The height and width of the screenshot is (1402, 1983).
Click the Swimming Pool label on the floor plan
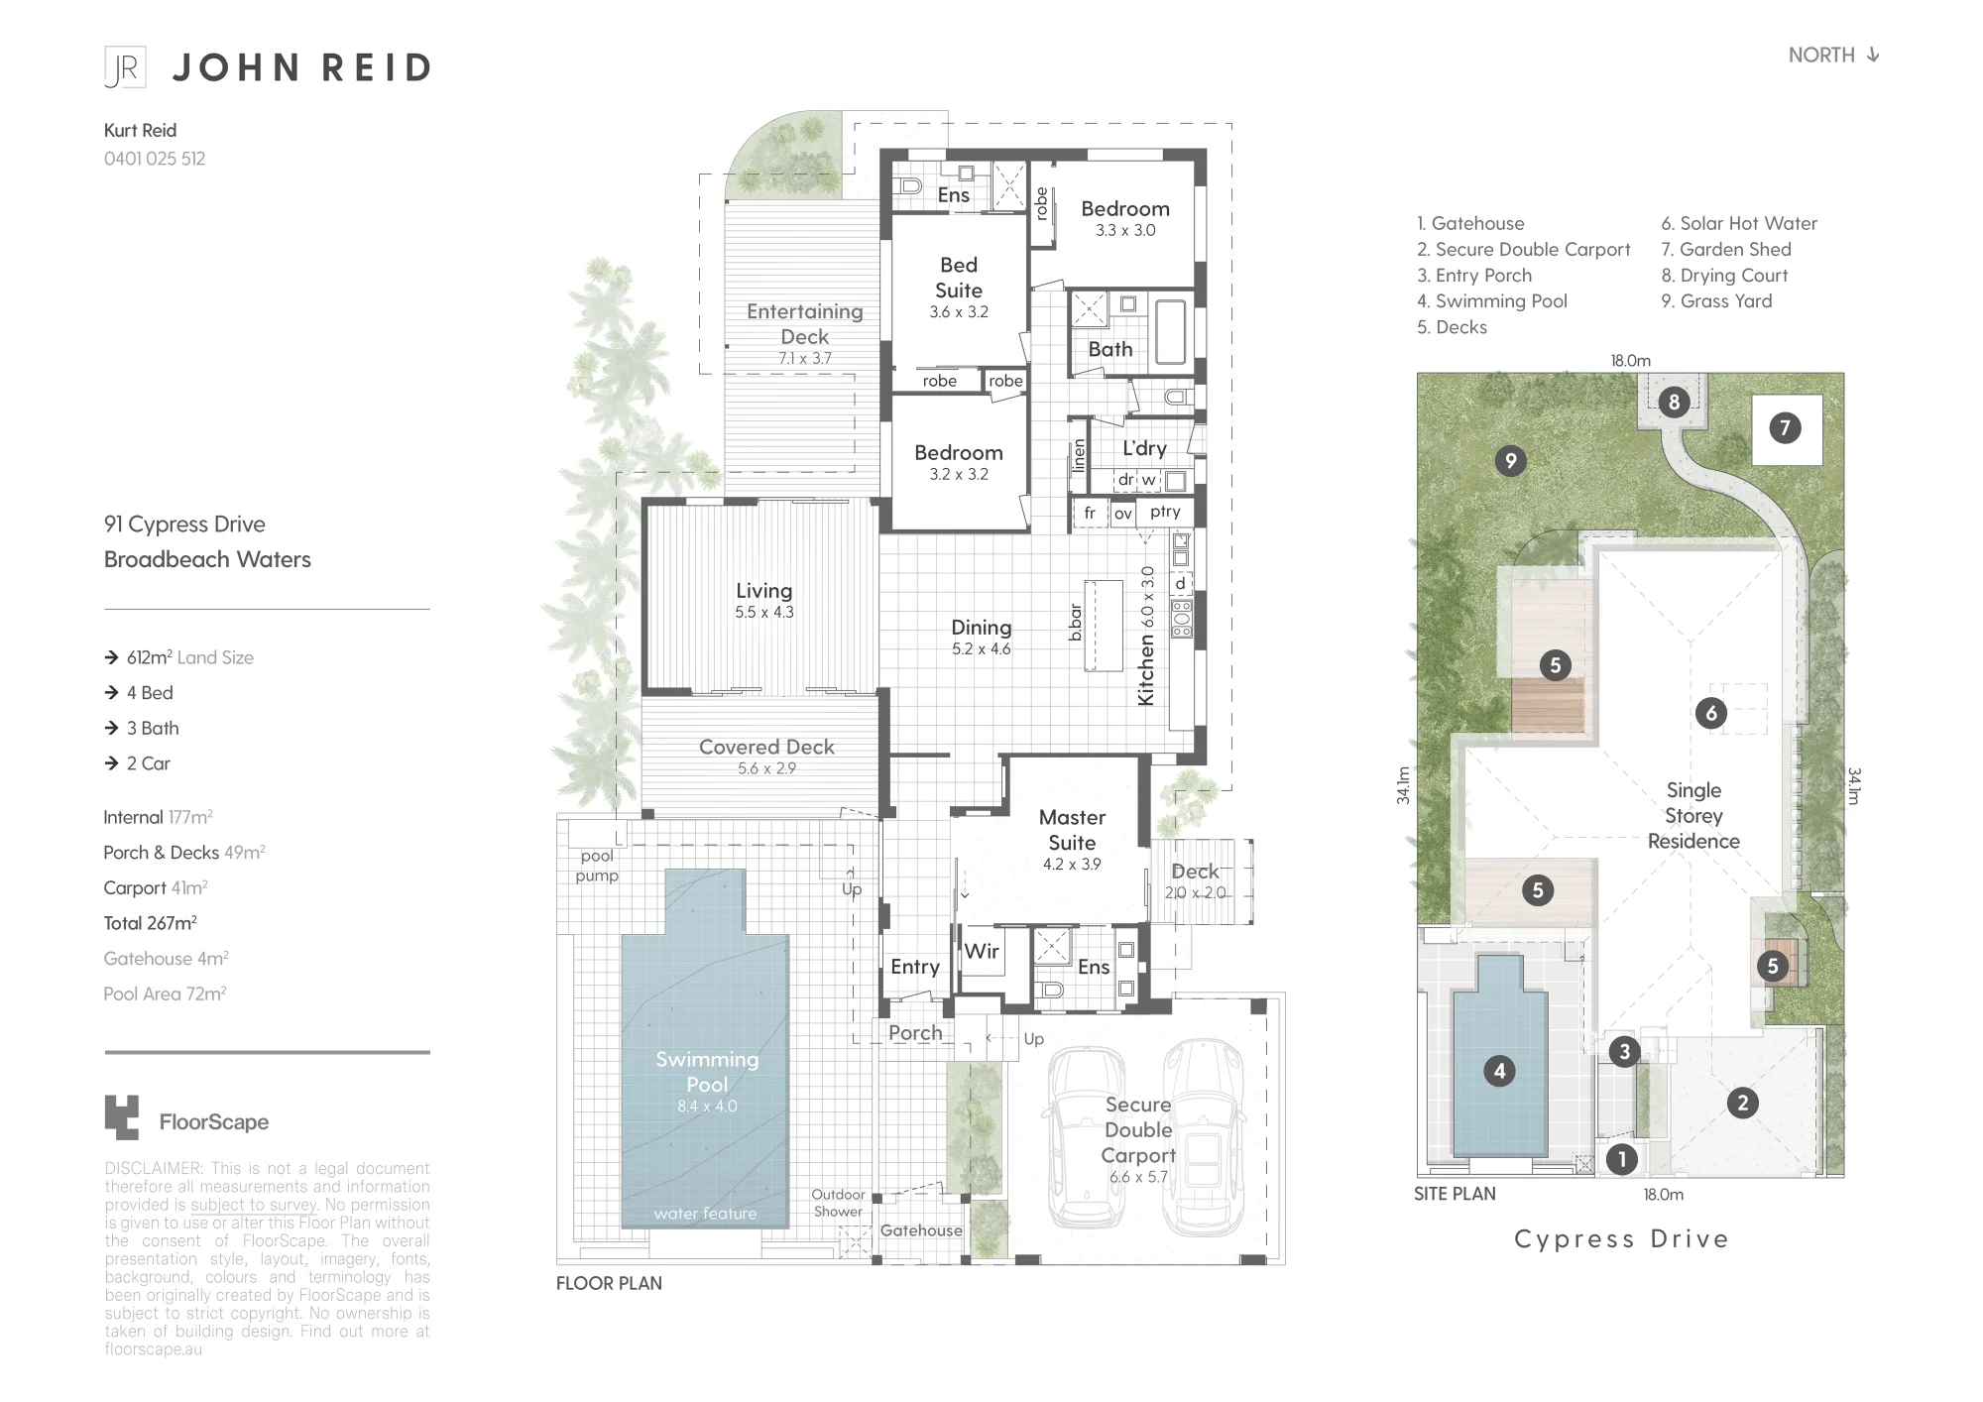(x=707, y=1072)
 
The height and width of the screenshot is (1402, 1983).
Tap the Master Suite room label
(x=1072, y=830)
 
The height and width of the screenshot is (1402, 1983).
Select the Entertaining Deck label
(x=805, y=324)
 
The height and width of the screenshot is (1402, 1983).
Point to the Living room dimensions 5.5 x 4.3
(x=764, y=613)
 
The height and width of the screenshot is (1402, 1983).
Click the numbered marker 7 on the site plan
(x=1786, y=428)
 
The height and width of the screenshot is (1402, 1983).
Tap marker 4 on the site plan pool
(x=1499, y=1071)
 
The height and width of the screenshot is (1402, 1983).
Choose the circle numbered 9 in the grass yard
(x=1510, y=460)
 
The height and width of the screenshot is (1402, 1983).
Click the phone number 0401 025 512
(x=155, y=159)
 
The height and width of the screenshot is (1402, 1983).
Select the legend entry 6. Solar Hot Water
(x=1739, y=224)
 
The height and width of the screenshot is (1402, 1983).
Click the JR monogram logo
(x=126, y=67)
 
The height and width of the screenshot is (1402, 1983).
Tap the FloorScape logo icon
(x=122, y=1117)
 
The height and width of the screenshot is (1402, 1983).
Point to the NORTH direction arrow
(x=1873, y=55)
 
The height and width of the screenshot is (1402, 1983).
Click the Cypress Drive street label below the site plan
(x=1621, y=1239)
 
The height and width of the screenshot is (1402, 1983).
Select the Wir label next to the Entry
(x=982, y=951)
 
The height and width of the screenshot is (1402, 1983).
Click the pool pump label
(x=597, y=866)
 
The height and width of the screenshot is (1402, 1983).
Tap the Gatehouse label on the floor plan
(x=921, y=1230)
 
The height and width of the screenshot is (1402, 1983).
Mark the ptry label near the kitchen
(x=1165, y=512)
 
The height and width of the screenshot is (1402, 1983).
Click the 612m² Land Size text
(x=190, y=657)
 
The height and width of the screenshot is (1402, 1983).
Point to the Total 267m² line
(x=151, y=923)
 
